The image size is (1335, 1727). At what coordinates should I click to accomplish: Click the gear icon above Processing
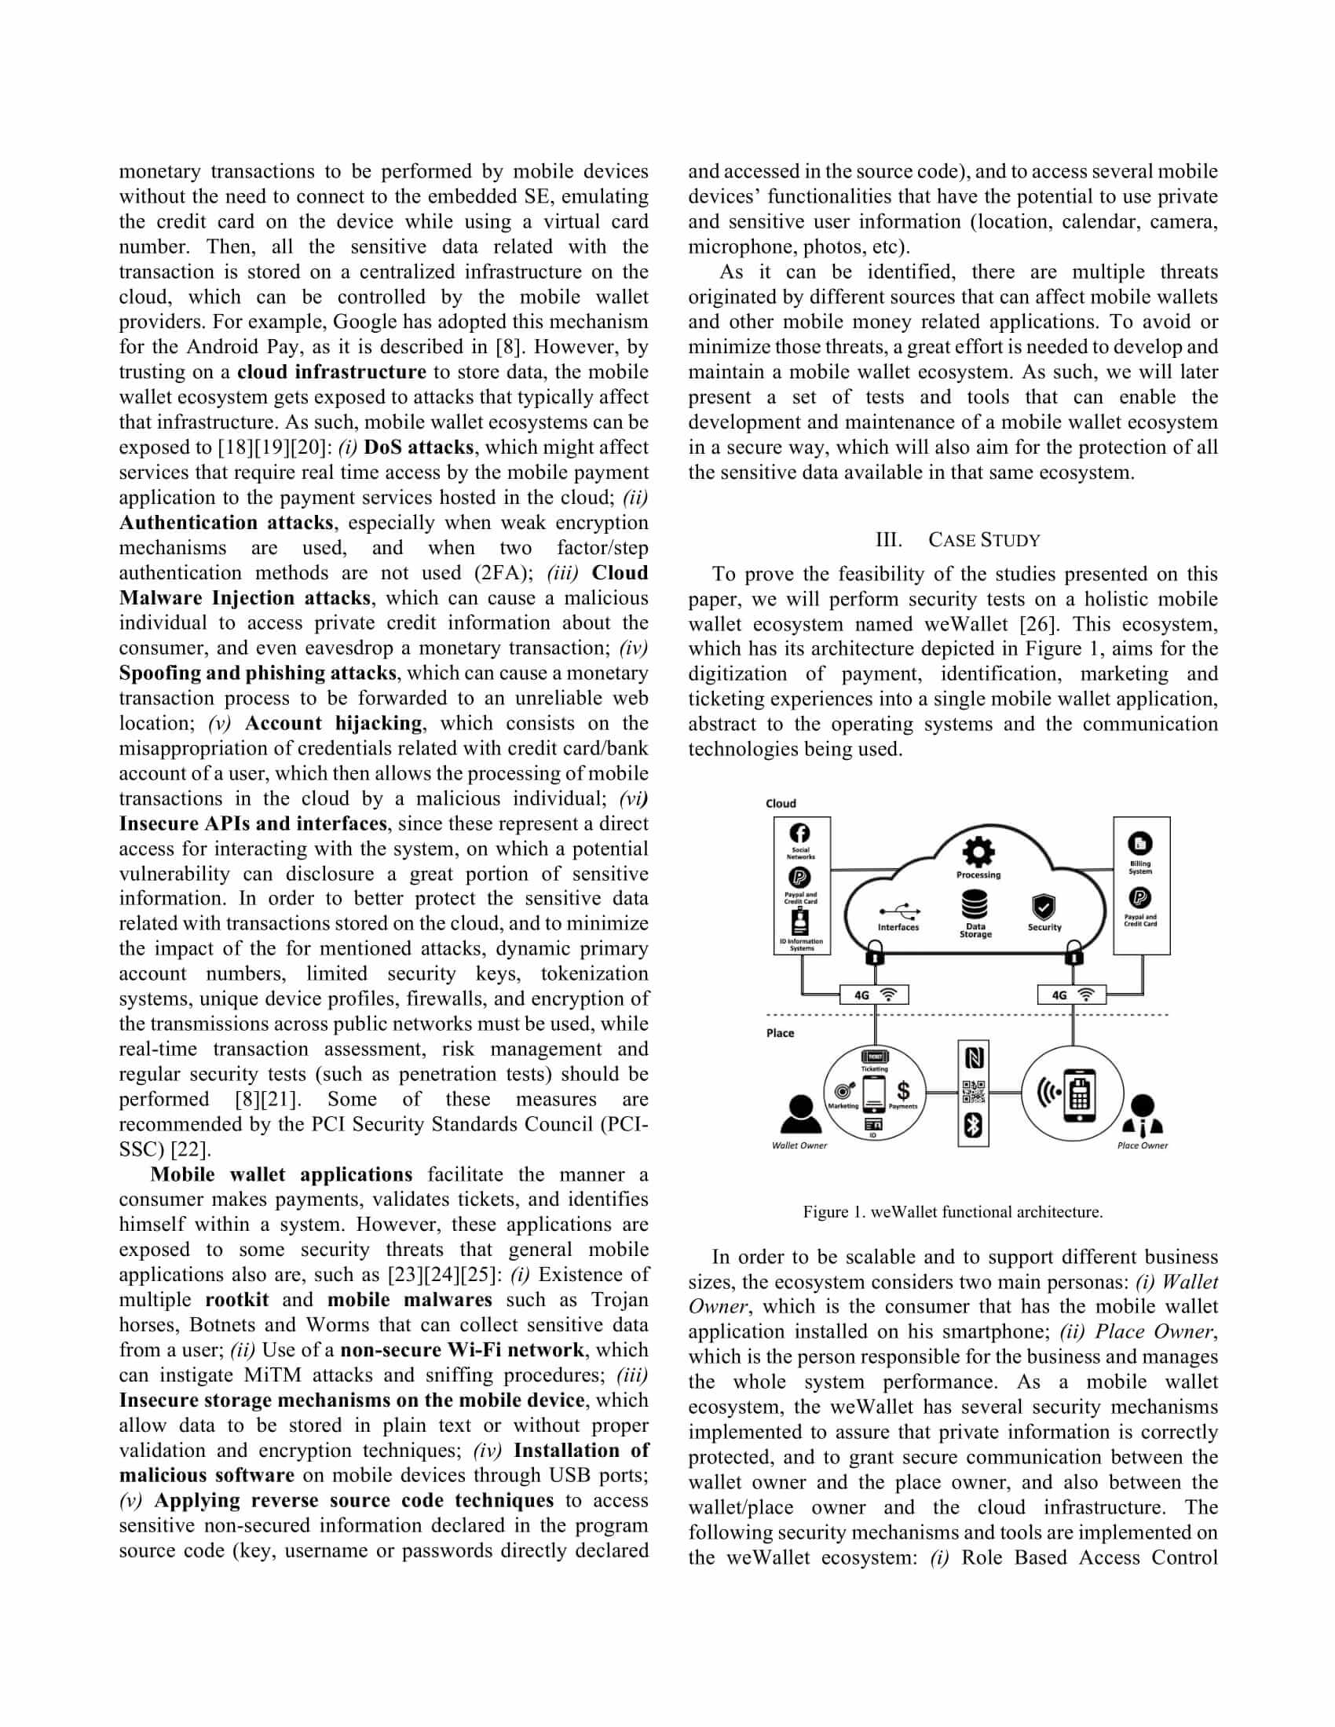coord(978,852)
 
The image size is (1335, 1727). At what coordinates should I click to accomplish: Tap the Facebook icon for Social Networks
coord(800,833)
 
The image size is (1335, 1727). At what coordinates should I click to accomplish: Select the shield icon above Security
coord(1044,906)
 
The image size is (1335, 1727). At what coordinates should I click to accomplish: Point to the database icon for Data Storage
coord(975,904)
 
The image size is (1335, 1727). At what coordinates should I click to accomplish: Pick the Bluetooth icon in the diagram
coord(974,1125)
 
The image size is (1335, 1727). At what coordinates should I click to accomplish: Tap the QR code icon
coord(974,1092)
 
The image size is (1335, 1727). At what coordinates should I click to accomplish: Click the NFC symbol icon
coord(974,1058)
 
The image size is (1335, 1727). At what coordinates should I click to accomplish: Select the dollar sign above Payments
coord(903,1090)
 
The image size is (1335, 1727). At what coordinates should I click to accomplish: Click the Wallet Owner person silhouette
coord(799,1115)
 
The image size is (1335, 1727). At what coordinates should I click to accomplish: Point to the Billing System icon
coord(1139,844)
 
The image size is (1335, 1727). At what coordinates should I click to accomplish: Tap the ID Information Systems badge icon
coord(801,922)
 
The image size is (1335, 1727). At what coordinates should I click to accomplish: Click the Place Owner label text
coord(1142,1145)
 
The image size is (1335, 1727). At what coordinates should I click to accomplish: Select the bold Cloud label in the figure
coord(781,803)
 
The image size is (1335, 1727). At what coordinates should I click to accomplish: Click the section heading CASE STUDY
coord(984,540)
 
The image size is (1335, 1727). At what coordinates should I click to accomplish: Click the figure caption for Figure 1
coord(953,1211)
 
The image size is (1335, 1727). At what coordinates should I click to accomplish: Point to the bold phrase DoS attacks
coord(419,447)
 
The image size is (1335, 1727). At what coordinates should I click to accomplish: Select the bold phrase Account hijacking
coord(333,724)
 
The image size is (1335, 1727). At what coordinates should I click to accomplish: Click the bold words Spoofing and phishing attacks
coord(258,673)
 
